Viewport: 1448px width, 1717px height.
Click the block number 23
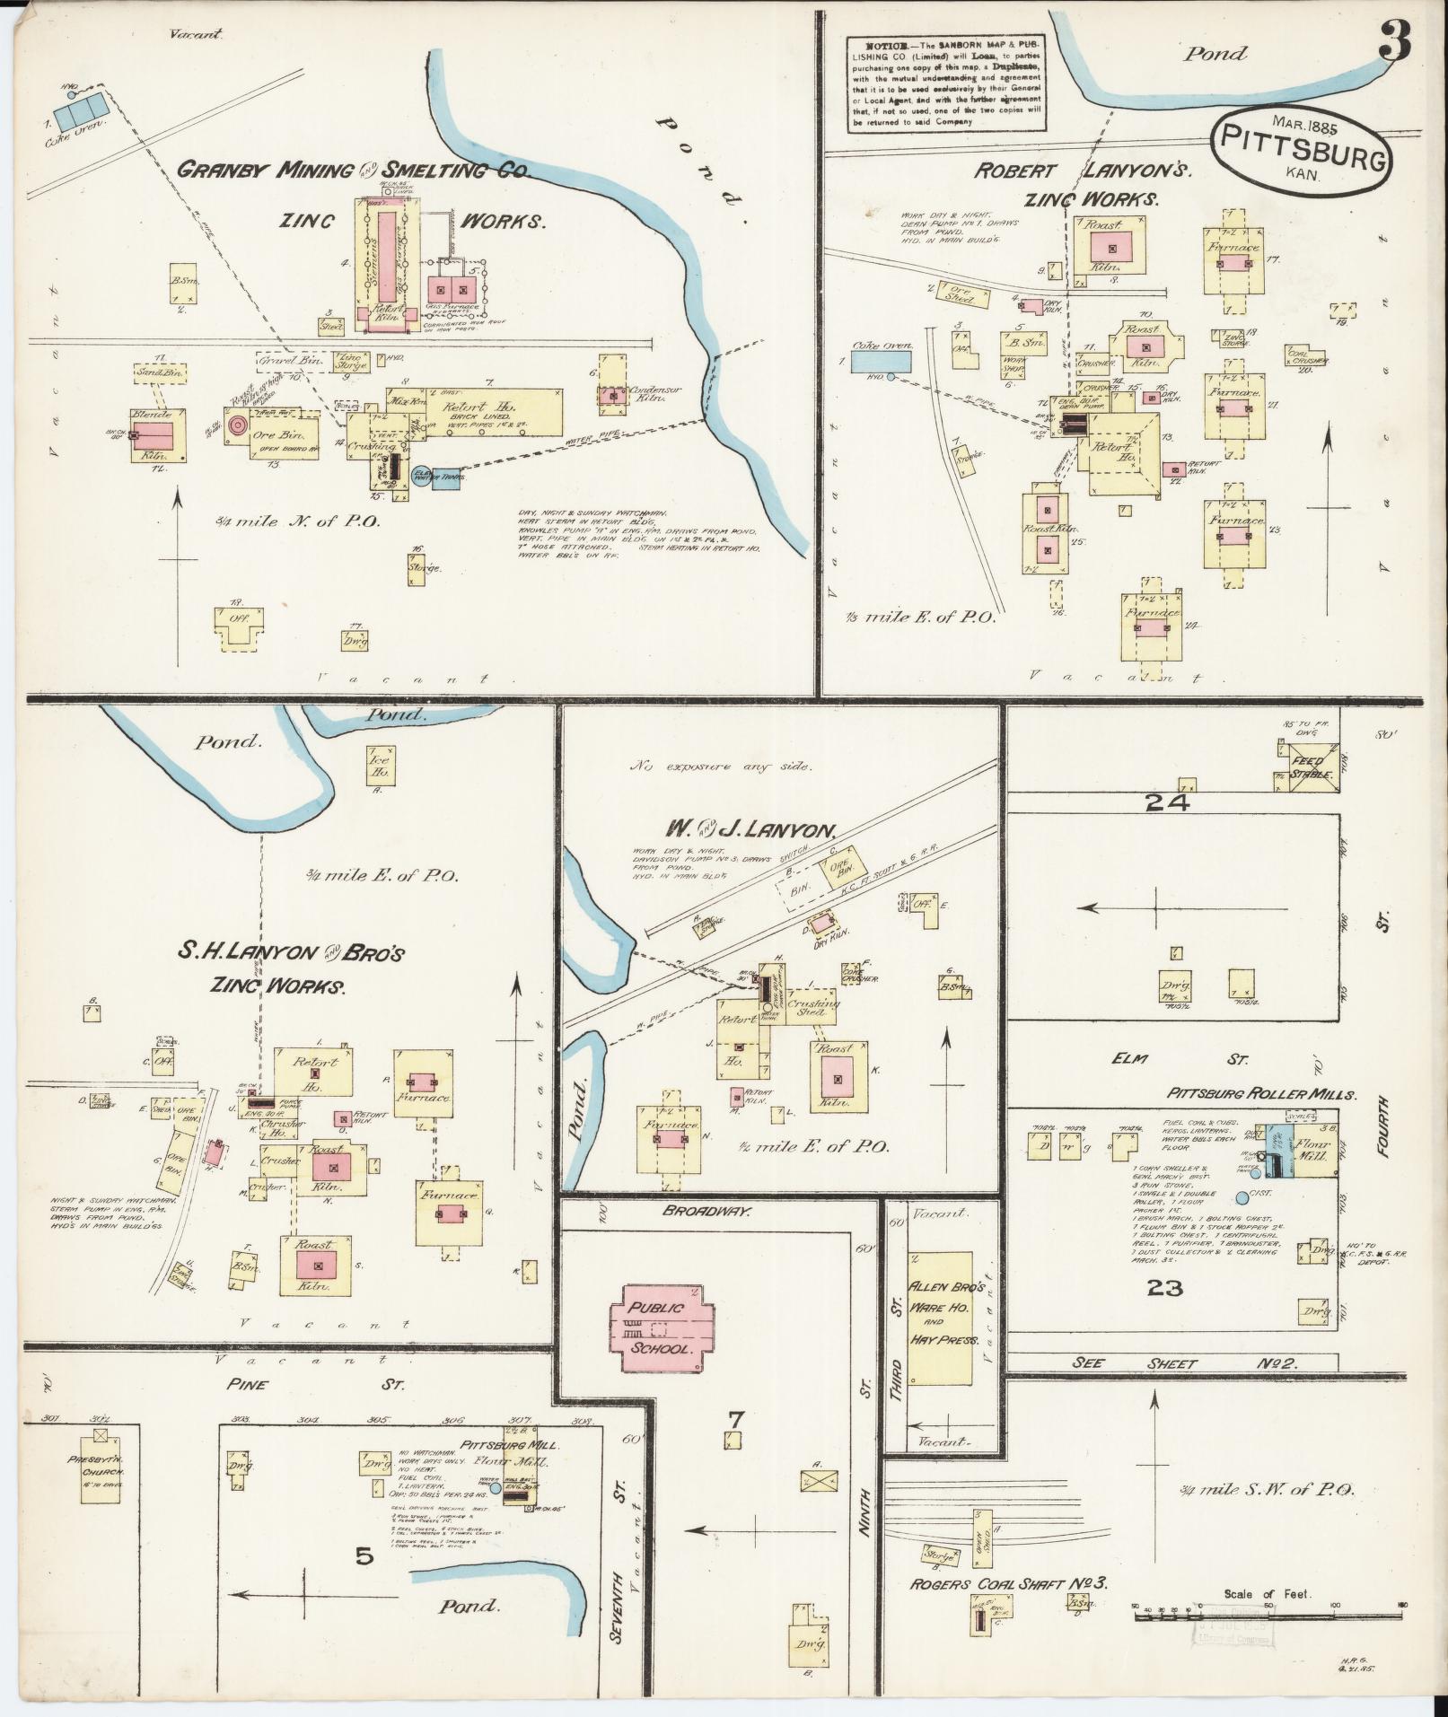click(1164, 1288)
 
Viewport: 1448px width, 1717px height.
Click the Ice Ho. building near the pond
click(379, 766)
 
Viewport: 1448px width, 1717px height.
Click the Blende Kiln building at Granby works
click(157, 435)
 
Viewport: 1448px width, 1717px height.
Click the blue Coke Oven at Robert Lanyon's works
click(880, 361)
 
